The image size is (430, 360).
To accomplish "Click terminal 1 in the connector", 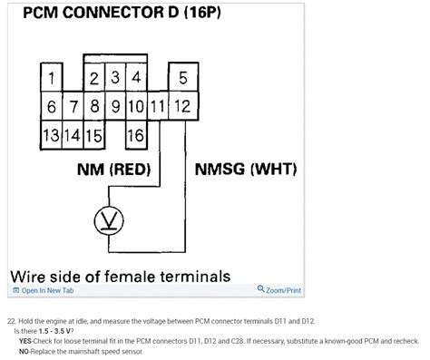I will coord(54,77).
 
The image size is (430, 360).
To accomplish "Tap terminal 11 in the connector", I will coord(158,107).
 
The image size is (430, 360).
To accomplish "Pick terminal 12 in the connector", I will coord(182,107).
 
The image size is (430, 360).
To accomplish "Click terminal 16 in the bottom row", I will coord(136,136).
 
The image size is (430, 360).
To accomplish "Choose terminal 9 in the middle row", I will coord(115,107).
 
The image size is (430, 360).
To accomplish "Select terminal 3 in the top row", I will coord(115,77).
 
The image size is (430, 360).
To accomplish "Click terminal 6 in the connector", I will coord(53,107).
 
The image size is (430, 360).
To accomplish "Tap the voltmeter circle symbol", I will coord(108,220).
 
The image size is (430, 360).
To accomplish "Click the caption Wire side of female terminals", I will coord(119,274).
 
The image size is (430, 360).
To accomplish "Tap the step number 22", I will coord(11,322).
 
